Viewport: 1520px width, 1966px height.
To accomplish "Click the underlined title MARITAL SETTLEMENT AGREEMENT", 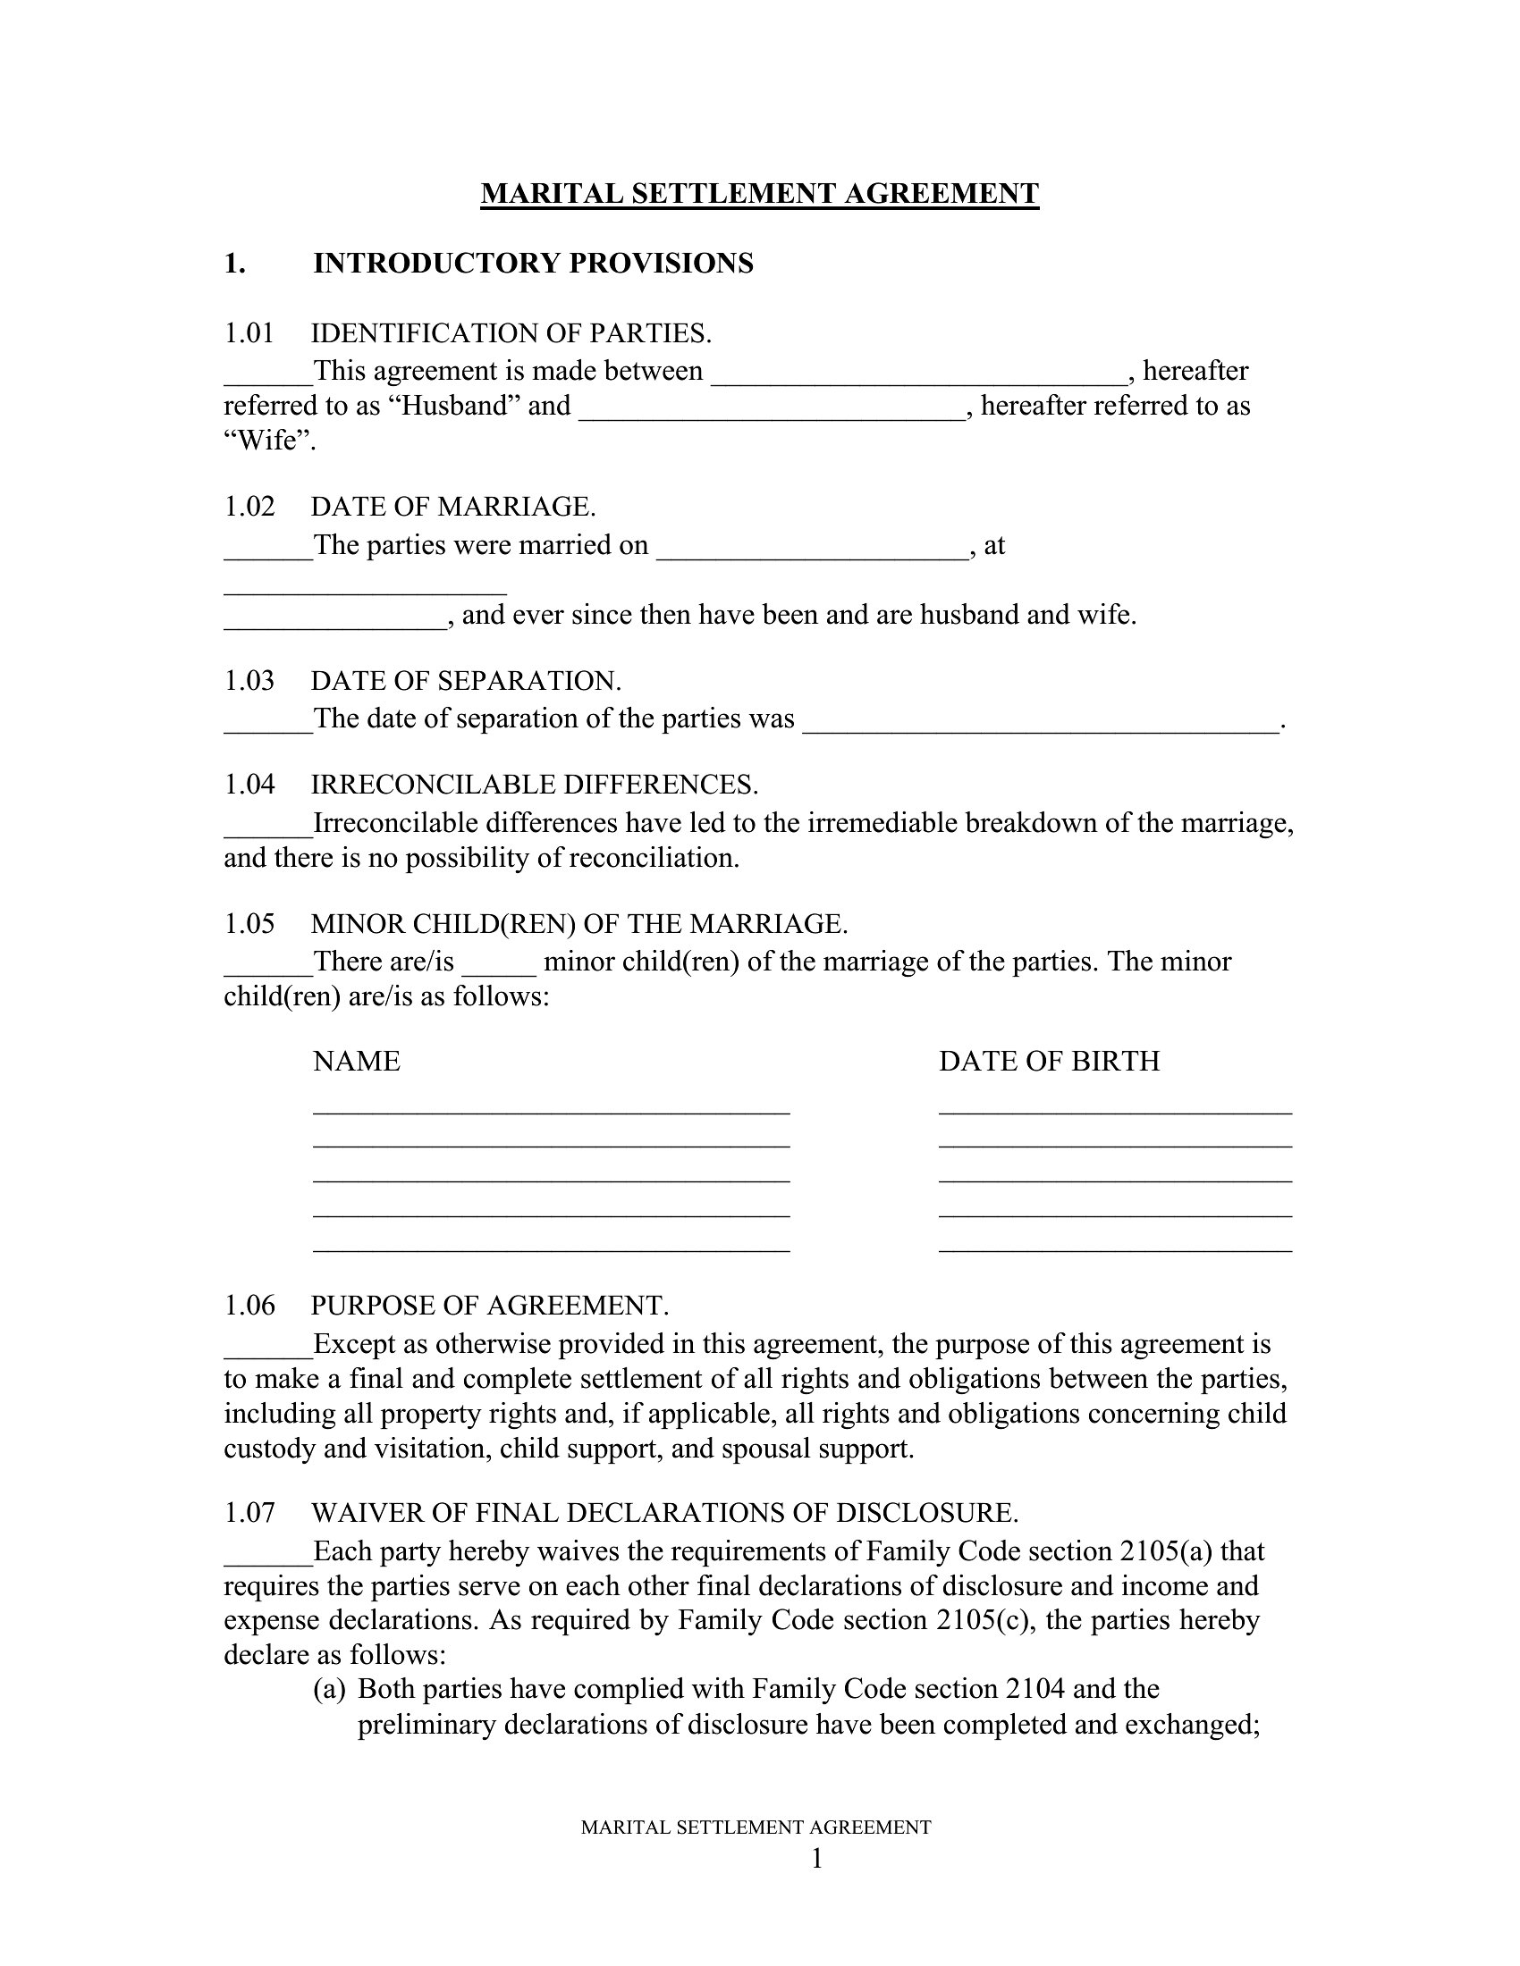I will point(759,194).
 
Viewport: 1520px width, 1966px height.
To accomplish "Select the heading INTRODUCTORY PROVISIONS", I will point(533,264).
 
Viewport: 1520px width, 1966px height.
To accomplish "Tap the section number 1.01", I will point(249,334).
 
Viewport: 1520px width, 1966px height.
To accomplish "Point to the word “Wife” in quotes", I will point(269,441).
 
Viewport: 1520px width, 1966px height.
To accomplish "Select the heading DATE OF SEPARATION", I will point(466,681).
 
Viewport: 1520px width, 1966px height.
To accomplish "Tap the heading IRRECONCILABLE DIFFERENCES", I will point(534,785).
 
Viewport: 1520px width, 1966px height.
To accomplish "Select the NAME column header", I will point(357,1062).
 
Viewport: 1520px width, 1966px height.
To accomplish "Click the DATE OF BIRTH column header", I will point(1049,1062).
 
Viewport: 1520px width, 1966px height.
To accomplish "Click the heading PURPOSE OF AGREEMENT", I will point(490,1306).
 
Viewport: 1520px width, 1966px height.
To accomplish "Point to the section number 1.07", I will point(249,1513).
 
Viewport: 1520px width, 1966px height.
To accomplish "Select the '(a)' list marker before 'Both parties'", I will point(329,1689).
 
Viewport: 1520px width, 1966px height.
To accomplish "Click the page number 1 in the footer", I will point(816,1858).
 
